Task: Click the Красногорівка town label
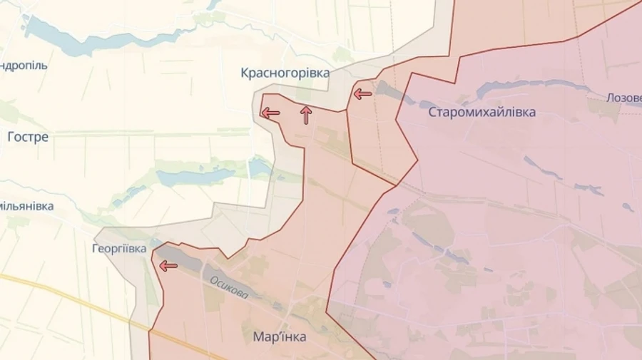tap(285, 73)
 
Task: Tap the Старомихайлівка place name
tap(481, 112)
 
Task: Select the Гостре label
tap(28, 137)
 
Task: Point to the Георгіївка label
tap(119, 249)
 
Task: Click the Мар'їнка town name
tap(280, 336)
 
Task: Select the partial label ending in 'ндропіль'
tap(24, 66)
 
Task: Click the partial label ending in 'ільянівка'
tap(27, 206)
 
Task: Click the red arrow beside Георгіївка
tap(168, 266)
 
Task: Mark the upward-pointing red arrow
tap(306, 114)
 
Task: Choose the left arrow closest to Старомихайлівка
tap(362, 93)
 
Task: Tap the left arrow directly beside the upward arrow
tap(270, 113)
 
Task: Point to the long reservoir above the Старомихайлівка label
tap(528, 88)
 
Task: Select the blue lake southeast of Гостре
tap(196, 175)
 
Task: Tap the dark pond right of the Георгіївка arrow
tap(187, 259)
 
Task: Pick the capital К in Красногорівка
tap(245, 73)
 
